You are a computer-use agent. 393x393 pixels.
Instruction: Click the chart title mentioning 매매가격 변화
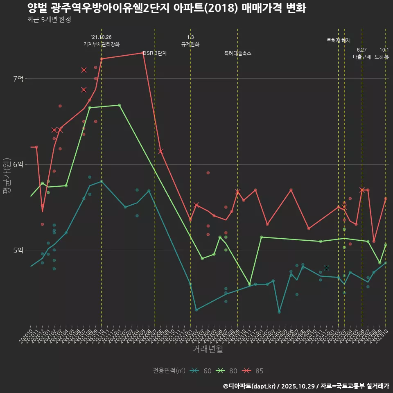pos(167,8)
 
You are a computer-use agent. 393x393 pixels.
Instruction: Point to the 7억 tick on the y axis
pos(18,79)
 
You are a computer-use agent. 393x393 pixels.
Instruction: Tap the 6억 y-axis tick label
pos(18,164)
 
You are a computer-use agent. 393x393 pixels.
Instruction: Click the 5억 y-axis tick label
pos(18,250)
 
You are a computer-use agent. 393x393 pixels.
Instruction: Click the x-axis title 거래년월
pos(208,349)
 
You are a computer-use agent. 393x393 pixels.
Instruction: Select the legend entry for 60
pos(202,371)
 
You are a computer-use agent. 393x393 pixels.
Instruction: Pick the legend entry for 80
pos(228,371)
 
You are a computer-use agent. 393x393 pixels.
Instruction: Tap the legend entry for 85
pos(253,371)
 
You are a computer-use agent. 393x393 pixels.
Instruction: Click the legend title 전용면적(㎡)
pos(169,371)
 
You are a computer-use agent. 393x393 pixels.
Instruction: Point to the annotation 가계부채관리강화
pos(102,44)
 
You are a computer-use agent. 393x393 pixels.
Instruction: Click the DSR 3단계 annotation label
pos(155,53)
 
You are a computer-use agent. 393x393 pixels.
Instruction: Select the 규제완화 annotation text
pos(190,44)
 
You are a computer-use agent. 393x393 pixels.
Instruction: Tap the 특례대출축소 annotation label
pos(238,53)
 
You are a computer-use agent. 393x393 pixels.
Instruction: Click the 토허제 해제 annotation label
pos(339,41)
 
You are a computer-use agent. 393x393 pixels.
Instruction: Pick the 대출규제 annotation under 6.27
pos(362,57)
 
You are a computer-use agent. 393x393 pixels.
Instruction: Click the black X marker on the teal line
pos(326,268)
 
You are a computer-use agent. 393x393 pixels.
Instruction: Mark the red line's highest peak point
pos(143,53)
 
